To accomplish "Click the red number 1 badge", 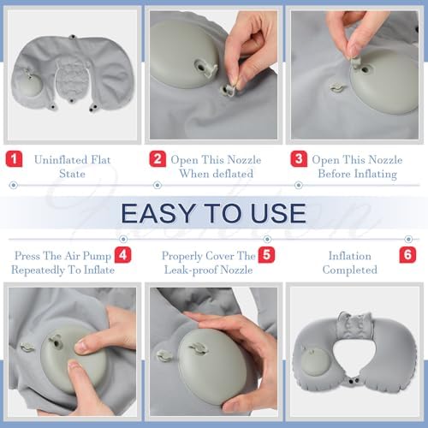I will [x=14, y=159].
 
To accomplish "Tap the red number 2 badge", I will [x=157, y=159].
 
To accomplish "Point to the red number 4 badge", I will [x=123, y=254].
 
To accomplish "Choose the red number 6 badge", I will [x=407, y=254].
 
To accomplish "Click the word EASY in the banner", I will [x=160, y=212].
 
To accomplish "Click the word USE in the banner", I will [x=276, y=212].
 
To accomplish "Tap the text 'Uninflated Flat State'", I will [x=72, y=167].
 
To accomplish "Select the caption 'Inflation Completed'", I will [x=351, y=262].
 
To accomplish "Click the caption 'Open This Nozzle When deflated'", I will [x=215, y=167].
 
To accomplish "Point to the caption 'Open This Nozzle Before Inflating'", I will [x=358, y=167].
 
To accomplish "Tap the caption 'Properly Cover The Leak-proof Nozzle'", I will [x=209, y=262].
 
